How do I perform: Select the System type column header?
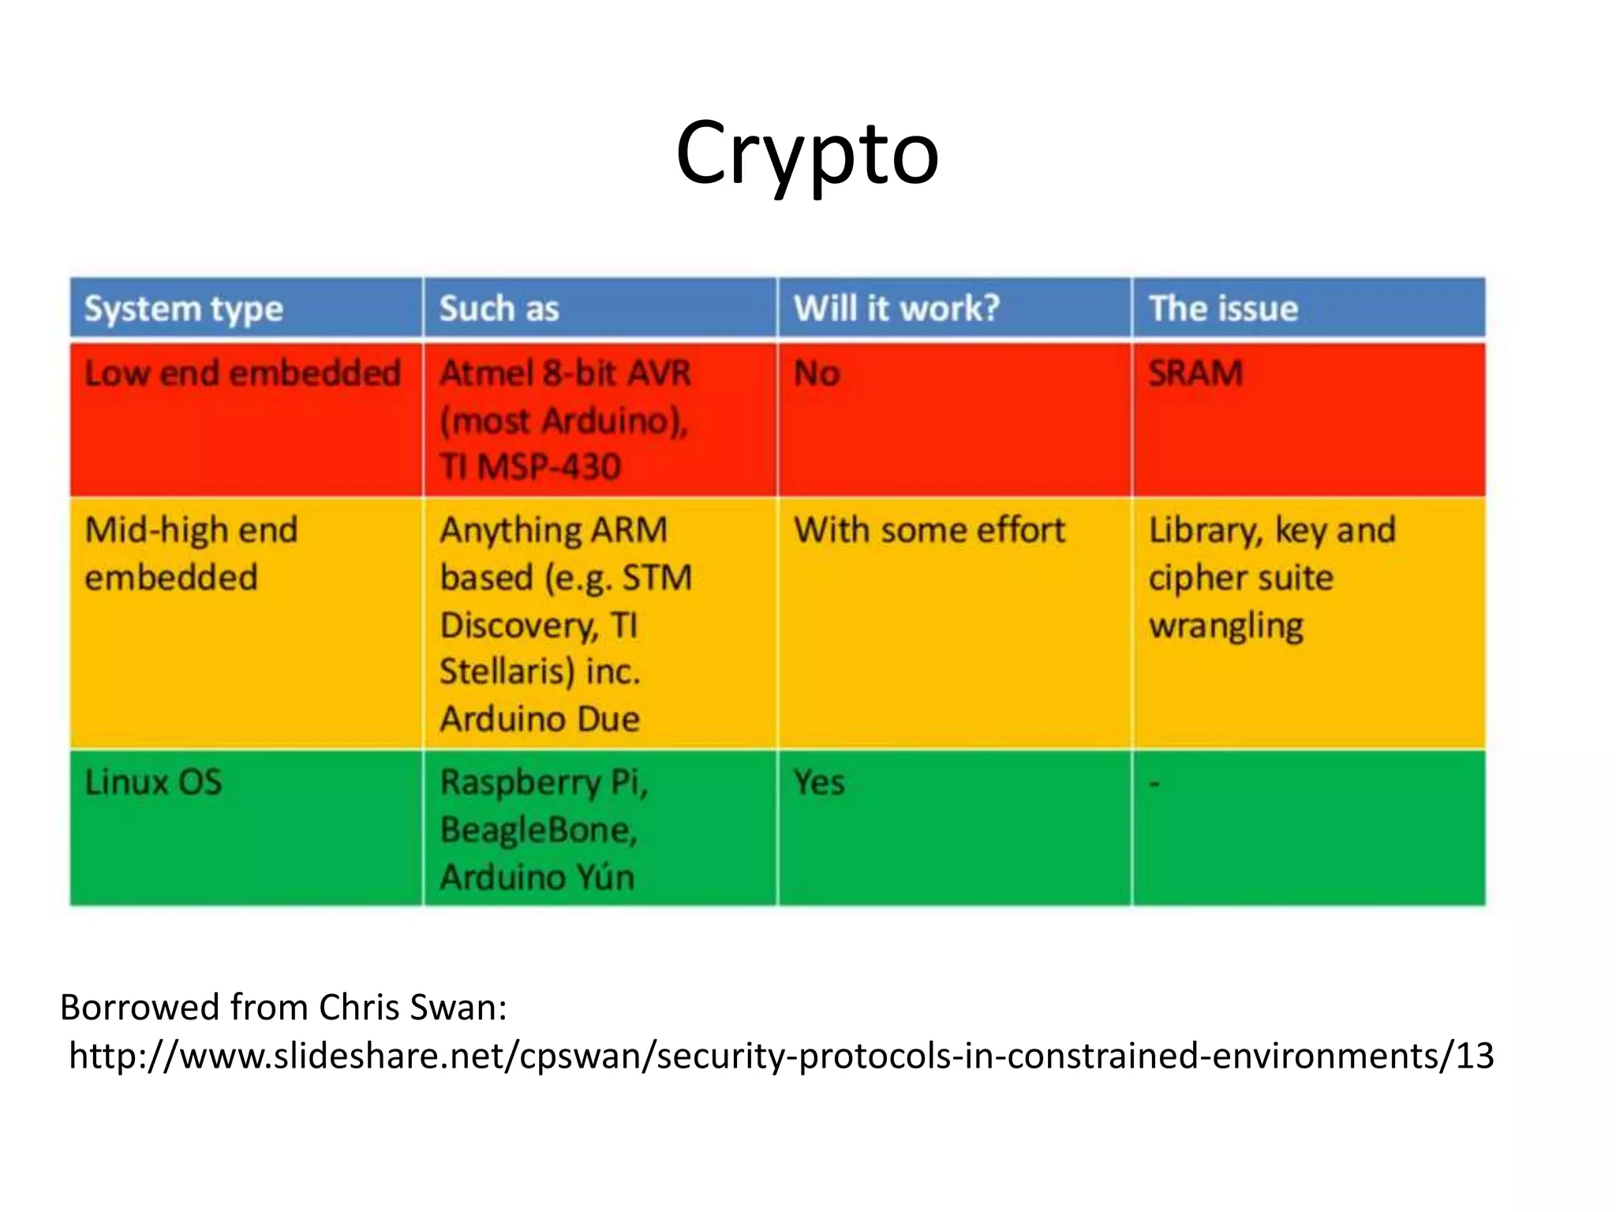[183, 309]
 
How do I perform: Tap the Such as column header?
[499, 309]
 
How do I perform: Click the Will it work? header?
[896, 309]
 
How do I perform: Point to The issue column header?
[1223, 309]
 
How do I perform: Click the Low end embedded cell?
[242, 373]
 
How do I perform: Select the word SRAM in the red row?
[1195, 373]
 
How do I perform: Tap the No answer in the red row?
[817, 373]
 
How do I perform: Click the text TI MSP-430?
[530, 466]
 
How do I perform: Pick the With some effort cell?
[929, 530]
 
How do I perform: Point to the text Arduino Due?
[540, 719]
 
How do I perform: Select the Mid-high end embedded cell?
[191, 553]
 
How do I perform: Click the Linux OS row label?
[153, 782]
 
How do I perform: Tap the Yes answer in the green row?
[819, 783]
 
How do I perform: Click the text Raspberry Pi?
[544, 783]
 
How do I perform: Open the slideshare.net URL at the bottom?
[781, 1056]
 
